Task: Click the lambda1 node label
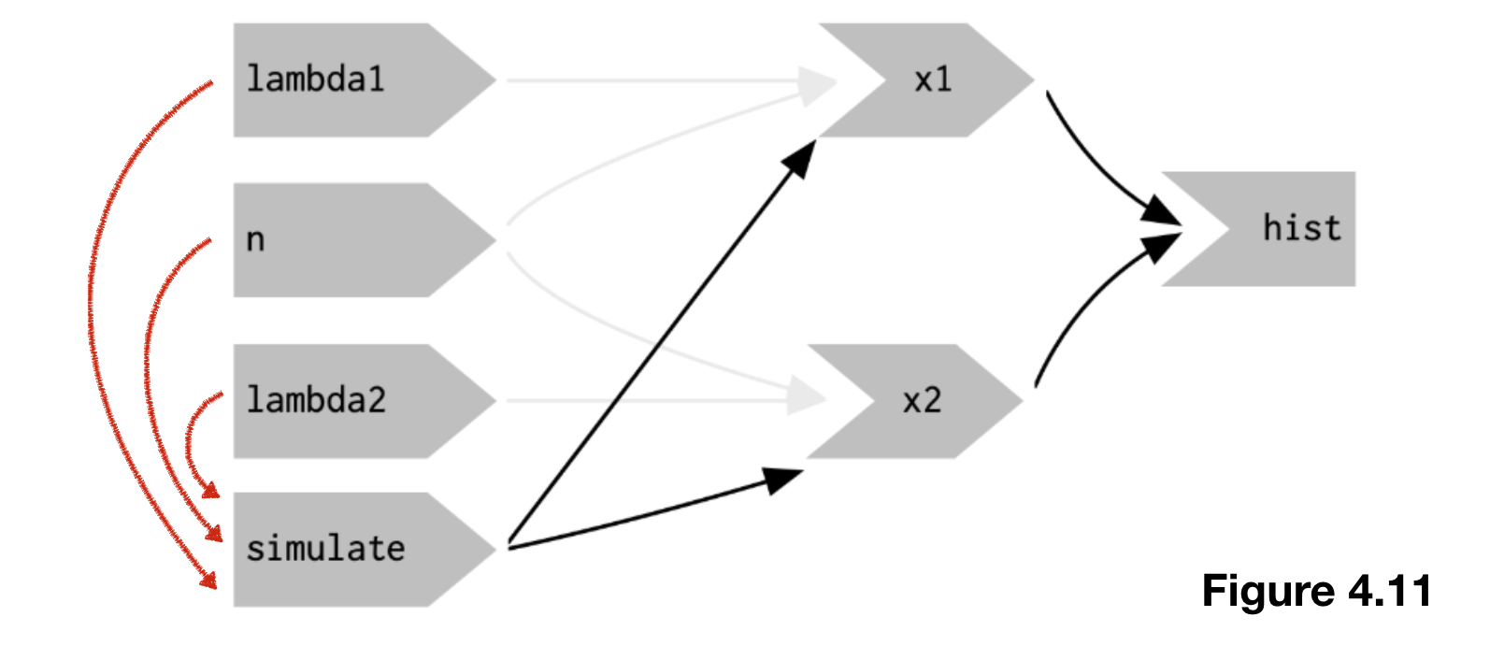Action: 315,79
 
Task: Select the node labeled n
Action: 255,240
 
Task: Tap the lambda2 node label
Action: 316,400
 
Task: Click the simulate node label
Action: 325,549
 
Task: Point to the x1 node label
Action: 933,79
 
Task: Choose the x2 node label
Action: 922,401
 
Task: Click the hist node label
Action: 1301,228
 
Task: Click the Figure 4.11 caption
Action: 1316,591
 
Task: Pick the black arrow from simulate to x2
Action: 645,511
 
